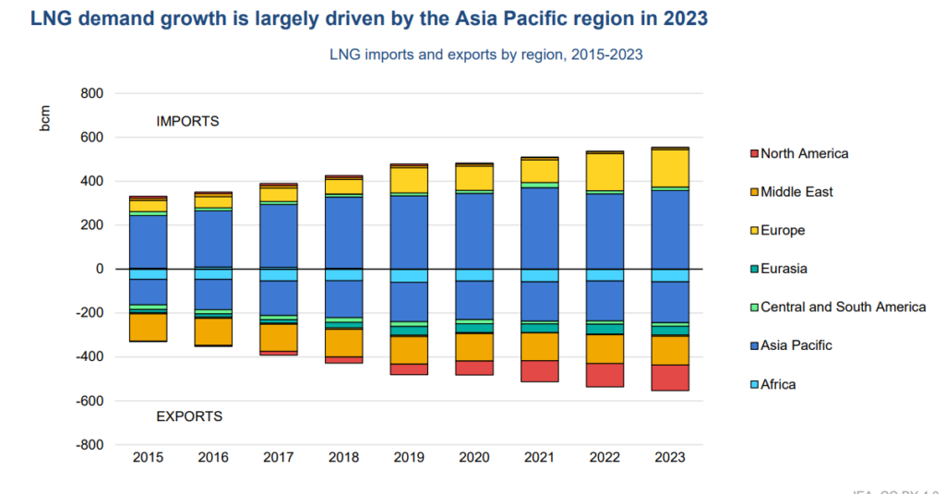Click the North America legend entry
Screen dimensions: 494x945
tap(804, 153)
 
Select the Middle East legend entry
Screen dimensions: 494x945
tap(796, 192)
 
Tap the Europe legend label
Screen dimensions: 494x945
tap(783, 230)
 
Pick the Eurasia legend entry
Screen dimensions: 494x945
tap(785, 269)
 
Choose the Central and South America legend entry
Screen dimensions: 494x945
tap(843, 307)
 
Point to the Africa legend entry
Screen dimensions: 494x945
tap(778, 384)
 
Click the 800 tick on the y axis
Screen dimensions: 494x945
tap(90, 93)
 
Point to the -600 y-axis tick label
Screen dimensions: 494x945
tap(89, 401)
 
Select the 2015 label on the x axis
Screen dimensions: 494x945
tap(148, 457)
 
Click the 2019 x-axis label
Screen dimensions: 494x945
tap(409, 457)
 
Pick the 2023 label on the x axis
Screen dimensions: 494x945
tap(670, 457)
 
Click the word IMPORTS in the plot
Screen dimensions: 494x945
tap(187, 121)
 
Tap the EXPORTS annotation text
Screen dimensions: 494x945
tap(189, 416)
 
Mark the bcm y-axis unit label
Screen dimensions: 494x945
tap(45, 120)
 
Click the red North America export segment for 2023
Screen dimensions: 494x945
tap(670, 378)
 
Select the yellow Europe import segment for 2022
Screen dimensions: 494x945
tap(604, 172)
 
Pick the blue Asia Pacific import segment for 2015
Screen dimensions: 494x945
tap(148, 241)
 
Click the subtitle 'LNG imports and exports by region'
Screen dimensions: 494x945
tap(485, 54)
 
